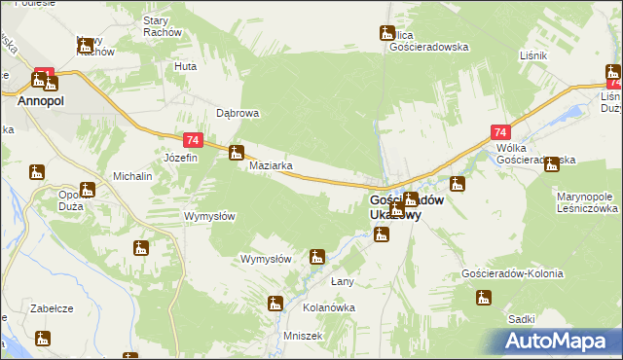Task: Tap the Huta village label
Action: (x=185, y=66)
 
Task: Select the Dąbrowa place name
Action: (x=237, y=113)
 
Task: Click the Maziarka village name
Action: (x=272, y=165)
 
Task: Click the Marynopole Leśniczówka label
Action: (x=587, y=202)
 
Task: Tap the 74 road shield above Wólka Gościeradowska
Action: (x=500, y=132)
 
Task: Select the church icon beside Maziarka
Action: (x=236, y=152)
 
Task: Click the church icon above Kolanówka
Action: (x=275, y=305)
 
